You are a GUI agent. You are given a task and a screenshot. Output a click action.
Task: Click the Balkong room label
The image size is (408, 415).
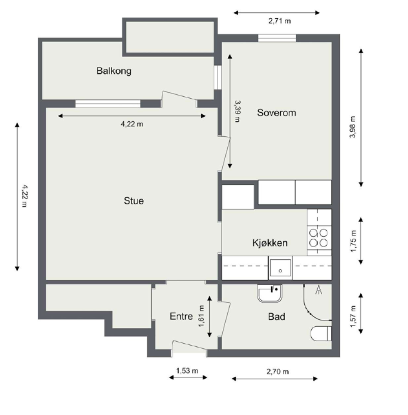pos(114,71)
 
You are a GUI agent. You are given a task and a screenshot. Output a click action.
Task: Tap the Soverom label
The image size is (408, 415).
pos(276,113)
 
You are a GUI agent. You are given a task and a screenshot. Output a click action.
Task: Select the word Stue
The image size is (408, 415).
pos(134,201)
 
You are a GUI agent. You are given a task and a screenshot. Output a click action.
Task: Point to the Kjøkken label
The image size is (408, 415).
pos(270,243)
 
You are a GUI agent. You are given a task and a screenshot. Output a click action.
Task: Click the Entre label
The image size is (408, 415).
pos(181,316)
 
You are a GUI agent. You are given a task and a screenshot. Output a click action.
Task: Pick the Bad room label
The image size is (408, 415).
pos(277,317)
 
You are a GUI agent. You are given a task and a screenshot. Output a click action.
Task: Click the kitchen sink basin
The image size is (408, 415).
pos(280,268)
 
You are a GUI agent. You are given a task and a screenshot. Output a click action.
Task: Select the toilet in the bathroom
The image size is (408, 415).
pos(321,333)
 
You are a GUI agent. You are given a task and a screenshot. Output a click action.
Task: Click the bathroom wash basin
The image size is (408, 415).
pos(270,294)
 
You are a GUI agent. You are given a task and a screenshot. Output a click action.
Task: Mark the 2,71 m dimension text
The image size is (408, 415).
pos(280,21)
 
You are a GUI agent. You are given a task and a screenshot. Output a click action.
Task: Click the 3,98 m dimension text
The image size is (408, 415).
pos(353,127)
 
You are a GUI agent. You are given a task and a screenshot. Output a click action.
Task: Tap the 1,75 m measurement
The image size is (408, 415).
pos(353,241)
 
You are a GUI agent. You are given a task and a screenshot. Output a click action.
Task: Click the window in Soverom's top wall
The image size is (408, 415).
pos(277,38)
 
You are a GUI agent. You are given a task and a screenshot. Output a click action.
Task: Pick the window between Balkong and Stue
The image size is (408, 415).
pos(108,104)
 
